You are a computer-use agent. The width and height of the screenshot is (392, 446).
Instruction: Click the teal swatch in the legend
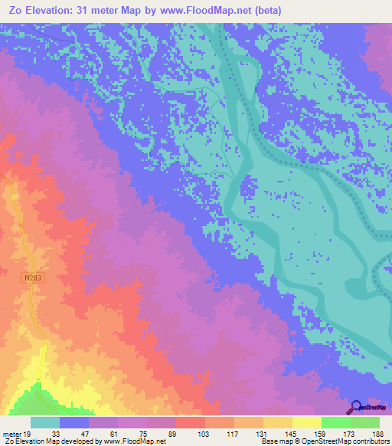45,422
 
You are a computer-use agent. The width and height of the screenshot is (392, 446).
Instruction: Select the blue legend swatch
74,422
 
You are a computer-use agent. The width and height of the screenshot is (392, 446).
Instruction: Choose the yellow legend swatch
306,422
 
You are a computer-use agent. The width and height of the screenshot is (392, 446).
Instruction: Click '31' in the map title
84,10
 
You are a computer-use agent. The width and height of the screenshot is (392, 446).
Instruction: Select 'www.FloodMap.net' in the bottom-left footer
135,441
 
